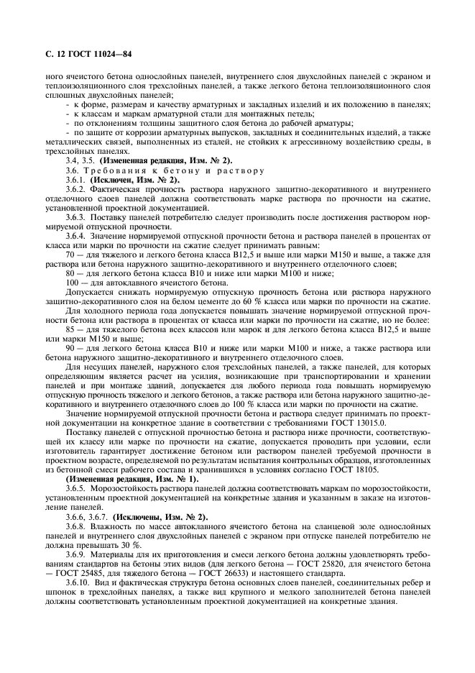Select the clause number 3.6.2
click(x=77, y=188)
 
